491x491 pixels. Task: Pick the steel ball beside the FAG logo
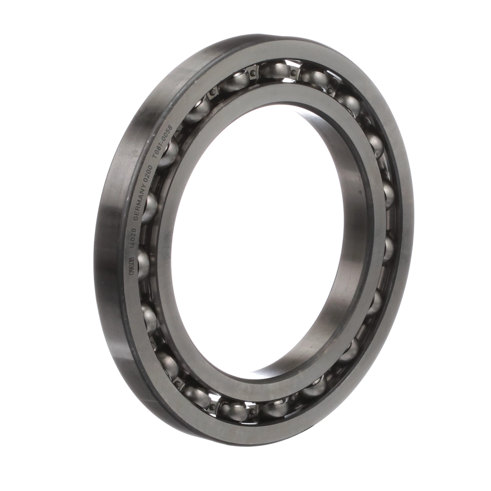(144, 262)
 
